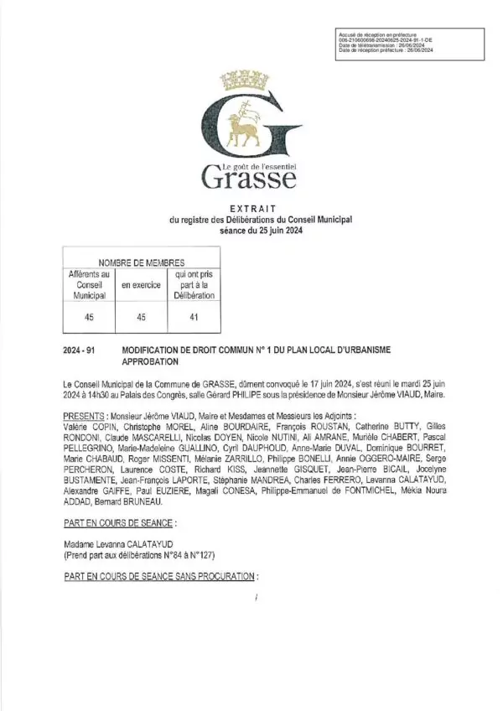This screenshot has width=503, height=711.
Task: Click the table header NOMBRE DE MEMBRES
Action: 136,262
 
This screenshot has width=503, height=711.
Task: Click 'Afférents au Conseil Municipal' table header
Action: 88,285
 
